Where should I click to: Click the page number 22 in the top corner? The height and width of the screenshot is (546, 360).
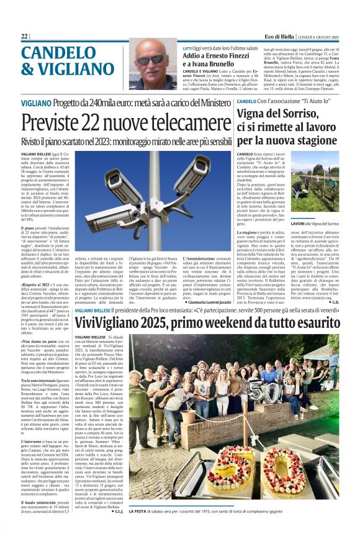pos(24,37)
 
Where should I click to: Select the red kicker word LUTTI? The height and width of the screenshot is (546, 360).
pos(187,48)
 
